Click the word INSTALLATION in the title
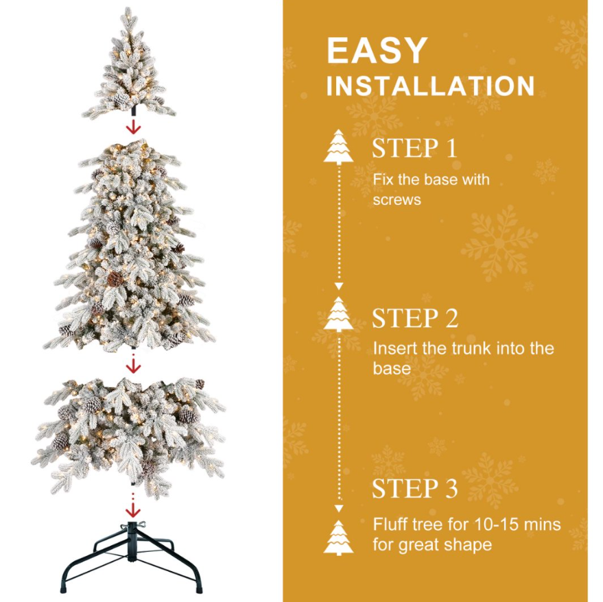pos(430,86)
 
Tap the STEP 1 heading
pos(414,148)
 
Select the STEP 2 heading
pos(415,318)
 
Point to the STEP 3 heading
pos(415,488)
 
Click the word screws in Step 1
pos(397,200)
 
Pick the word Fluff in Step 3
pos(390,525)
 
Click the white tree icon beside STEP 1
pos(338,147)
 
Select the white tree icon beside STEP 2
pos(338,314)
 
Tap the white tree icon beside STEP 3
pos(338,538)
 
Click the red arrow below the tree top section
pos(134,126)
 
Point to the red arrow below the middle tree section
pos(134,365)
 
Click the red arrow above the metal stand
pos(133,507)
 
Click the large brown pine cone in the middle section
pos(115,279)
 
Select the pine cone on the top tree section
pos(122,99)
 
